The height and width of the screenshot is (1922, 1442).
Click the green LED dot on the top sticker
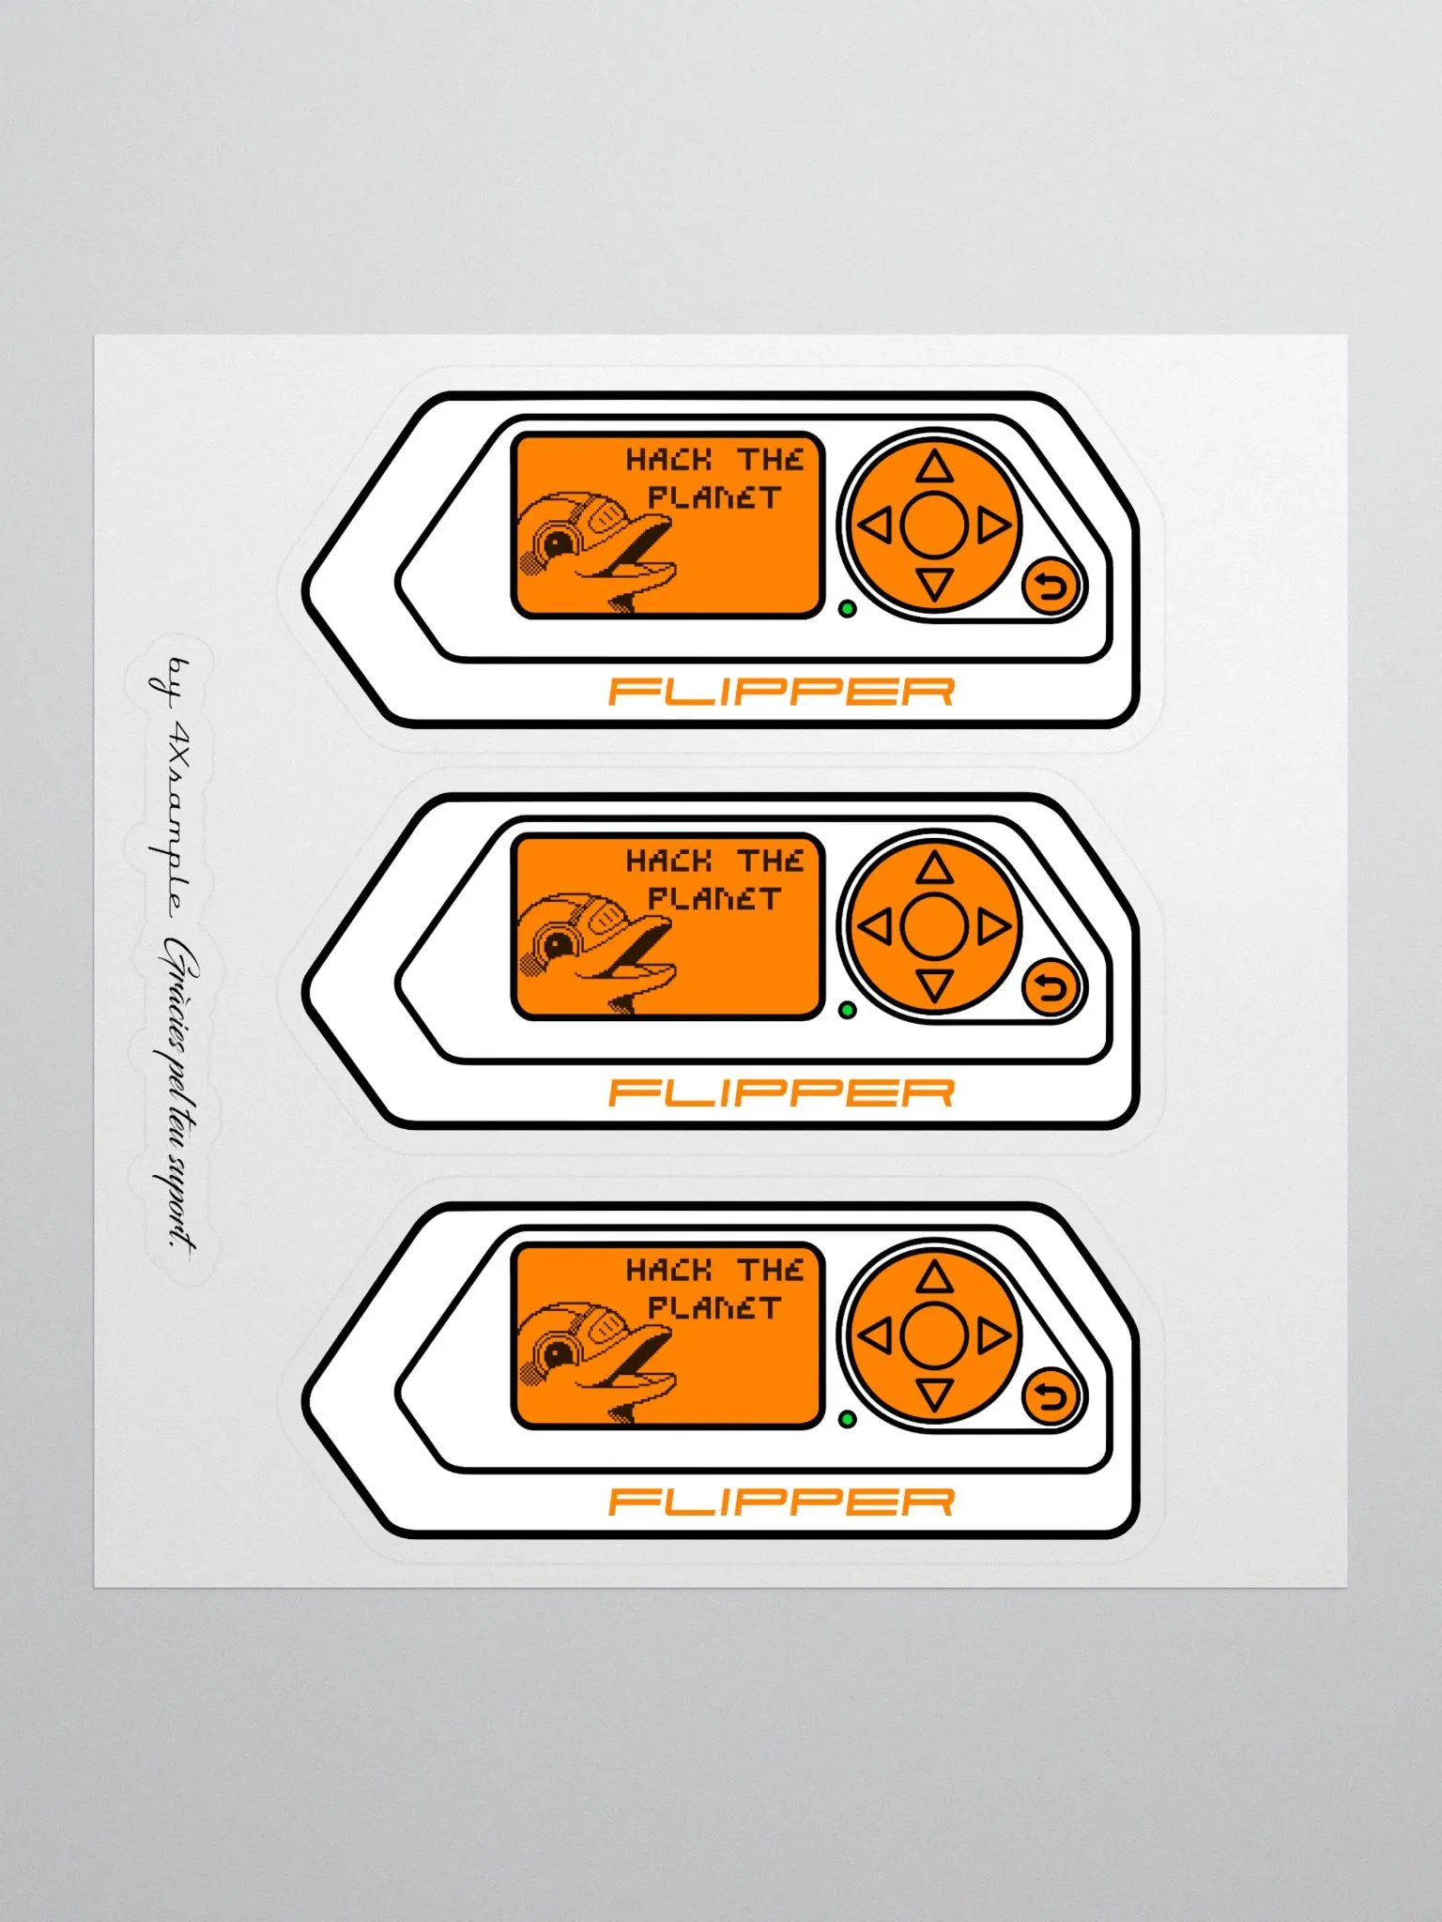[847, 609]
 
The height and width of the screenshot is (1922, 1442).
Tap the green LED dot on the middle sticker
[847, 1010]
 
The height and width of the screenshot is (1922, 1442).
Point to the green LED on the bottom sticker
[847, 1419]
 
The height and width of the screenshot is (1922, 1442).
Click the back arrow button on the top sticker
[1051, 587]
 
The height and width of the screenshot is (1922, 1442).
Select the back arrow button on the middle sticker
[1051, 987]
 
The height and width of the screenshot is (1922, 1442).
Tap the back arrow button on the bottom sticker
[1051, 1396]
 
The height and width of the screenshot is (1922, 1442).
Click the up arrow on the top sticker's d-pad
[933, 466]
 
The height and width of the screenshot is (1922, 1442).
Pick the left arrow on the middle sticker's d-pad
[875, 927]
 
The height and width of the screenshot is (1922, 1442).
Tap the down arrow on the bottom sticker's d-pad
[933, 1395]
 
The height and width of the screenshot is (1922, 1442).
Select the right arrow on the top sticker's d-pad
[993, 526]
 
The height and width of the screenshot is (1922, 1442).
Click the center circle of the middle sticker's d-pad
[933, 927]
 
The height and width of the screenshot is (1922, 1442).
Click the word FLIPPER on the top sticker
[781, 693]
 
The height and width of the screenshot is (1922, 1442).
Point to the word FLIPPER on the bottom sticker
[781, 1503]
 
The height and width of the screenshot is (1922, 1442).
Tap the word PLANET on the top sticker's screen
[713, 497]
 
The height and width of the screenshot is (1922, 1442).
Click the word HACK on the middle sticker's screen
[669, 861]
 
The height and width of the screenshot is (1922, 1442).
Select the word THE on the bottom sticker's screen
[770, 1270]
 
